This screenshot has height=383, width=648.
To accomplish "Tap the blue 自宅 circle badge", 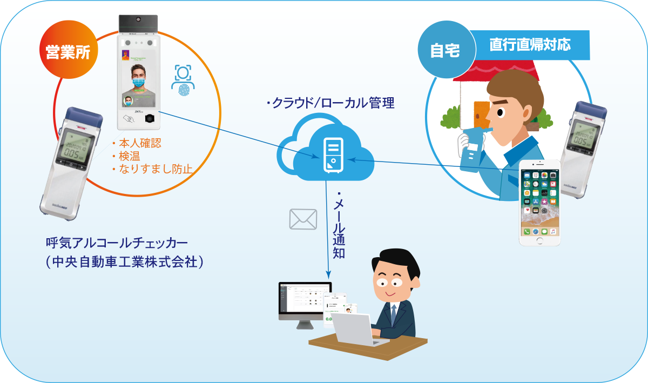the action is [x=445, y=50].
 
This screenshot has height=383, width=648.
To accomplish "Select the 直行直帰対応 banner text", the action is [x=530, y=44].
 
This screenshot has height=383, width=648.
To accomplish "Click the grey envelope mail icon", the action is [x=303, y=219].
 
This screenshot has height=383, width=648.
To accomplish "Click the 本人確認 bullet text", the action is [x=139, y=144].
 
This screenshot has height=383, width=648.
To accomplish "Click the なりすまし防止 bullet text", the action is [x=154, y=169].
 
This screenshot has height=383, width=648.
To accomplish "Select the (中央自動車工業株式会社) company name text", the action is [x=125, y=262].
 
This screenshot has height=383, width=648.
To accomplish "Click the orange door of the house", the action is [x=482, y=116].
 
